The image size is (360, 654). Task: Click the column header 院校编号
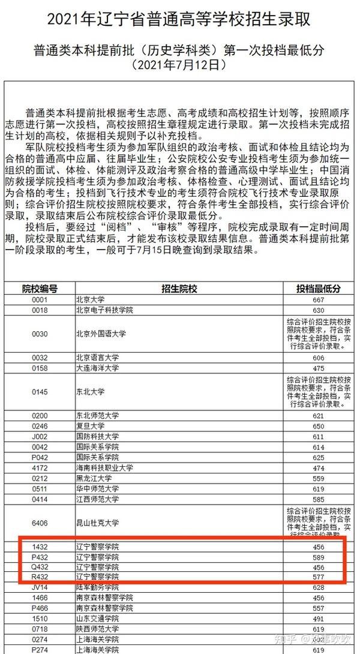click(40, 289)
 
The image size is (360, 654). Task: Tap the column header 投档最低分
click(318, 289)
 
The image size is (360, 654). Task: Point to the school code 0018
click(40, 310)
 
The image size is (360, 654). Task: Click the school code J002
click(40, 436)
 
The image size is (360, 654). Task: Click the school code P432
click(40, 557)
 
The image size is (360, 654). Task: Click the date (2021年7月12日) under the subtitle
click(179, 64)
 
